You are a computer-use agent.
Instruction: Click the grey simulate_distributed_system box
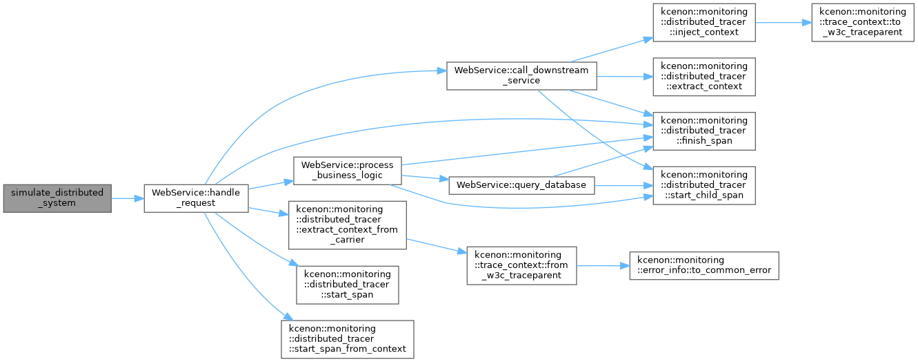point(57,198)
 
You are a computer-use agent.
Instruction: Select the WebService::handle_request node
point(196,198)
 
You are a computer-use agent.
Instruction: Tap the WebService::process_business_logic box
point(348,171)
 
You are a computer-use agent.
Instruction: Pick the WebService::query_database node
point(521,186)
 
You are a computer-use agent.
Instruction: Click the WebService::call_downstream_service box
point(521,76)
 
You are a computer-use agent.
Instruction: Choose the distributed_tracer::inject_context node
point(704,23)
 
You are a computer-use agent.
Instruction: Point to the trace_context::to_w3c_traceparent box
point(863,23)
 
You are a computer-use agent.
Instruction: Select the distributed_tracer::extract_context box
point(704,77)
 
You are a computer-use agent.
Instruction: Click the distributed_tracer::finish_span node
point(704,131)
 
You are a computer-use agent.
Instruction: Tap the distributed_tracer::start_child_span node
point(704,186)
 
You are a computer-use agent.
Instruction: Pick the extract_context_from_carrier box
point(348,225)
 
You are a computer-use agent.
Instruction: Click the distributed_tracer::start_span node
point(348,285)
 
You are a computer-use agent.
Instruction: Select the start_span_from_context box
point(348,339)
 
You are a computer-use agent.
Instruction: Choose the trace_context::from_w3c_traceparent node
point(521,265)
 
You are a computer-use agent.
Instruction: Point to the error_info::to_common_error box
point(704,265)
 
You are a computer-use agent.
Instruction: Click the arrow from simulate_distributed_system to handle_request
point(128,199)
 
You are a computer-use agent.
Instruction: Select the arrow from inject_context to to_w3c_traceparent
point(784,23)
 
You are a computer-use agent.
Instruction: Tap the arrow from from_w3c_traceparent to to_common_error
point(603,266)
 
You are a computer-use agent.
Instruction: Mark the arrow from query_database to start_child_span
point(623,186)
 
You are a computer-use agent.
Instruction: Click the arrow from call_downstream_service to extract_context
point(625,77)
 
